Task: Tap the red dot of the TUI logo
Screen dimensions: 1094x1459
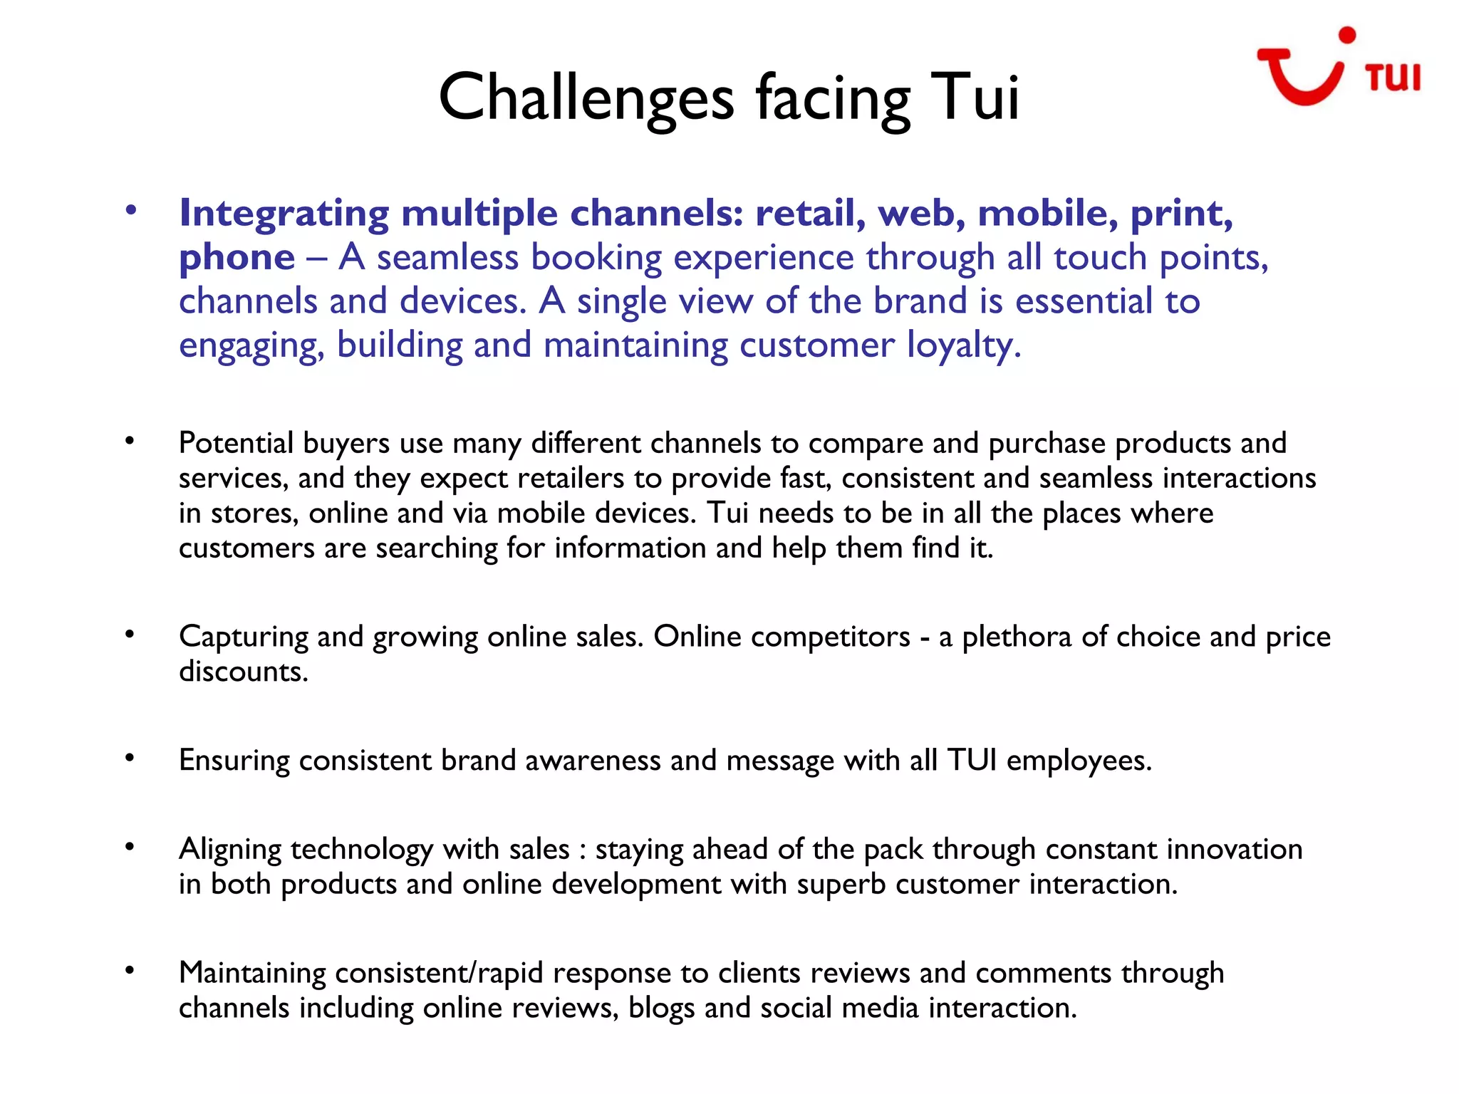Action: click(x=1346, y=36)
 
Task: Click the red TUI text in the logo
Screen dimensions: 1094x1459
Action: click(x=1393, y=78)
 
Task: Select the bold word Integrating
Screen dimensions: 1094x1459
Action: click(x=284, y=214)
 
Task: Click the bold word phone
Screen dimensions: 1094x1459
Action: click(x=237, y=257)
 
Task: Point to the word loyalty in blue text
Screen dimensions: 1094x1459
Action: click(x=963, y=345)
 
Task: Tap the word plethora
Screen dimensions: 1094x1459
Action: click(x=1017, y=637)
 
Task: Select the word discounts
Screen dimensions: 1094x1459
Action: click(x=243, y=672)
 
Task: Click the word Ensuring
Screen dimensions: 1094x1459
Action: click(x=234, y=761)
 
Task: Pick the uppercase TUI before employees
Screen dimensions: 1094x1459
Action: click(x=972, y=761)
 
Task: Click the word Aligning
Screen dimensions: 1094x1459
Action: click(x=230, y=850)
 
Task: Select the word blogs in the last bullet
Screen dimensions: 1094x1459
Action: click(x=660, y=1009)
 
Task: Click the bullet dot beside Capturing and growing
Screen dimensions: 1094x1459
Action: click(x=130, y=634)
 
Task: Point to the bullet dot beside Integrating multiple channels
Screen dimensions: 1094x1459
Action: click(x=130, y=210)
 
